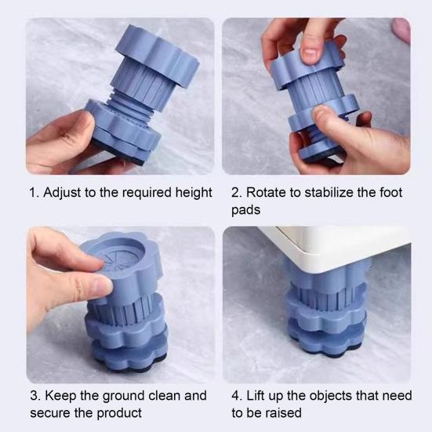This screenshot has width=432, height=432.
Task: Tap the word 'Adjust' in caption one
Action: click(63, 193)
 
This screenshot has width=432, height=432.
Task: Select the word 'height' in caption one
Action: click(192, 193)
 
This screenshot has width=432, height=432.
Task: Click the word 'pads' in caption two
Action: click(246, 211)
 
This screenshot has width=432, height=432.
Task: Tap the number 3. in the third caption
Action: click(34, 396)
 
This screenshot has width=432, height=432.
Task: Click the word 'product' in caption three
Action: click(118, 413)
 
